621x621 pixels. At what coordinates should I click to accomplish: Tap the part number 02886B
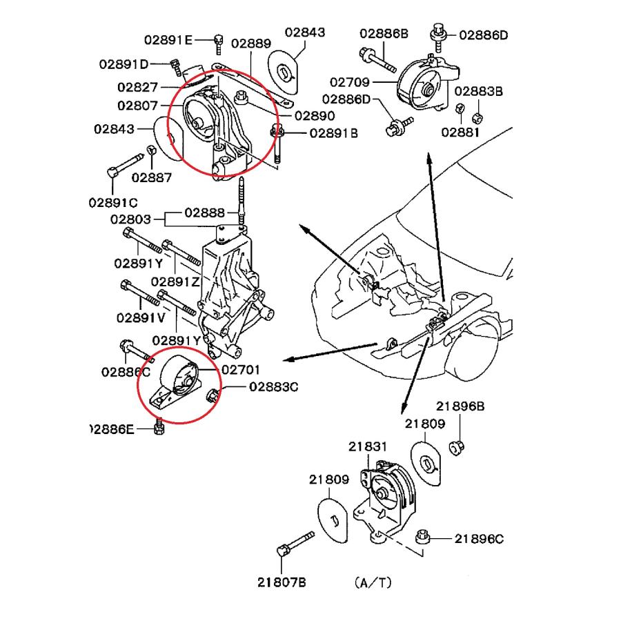[x=384, y=33]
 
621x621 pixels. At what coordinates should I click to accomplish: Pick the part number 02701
[x=241, y=370]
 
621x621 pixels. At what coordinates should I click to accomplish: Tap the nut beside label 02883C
[x=213, y=394]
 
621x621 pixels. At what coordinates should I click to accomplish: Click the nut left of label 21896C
[x=424, y=537]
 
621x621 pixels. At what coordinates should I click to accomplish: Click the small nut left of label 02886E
[x=157, y=428]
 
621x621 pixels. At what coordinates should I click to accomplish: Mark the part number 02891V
[x=141, y=317]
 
